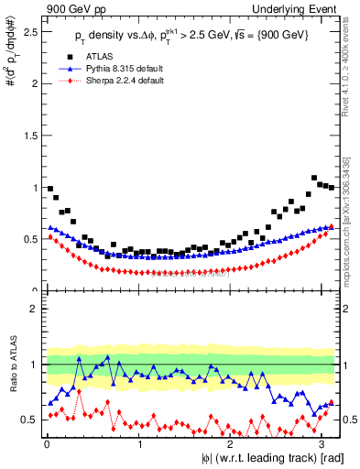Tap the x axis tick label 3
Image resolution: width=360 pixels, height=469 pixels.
[x=321, y=444]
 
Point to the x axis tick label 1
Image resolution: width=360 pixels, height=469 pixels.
[x=138, y=444]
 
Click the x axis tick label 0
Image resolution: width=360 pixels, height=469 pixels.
[x=47, y=444]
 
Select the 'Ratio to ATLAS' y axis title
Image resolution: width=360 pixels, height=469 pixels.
[x=11, y=365]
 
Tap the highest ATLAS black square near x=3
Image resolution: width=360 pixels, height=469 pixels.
[x=314, y=178]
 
